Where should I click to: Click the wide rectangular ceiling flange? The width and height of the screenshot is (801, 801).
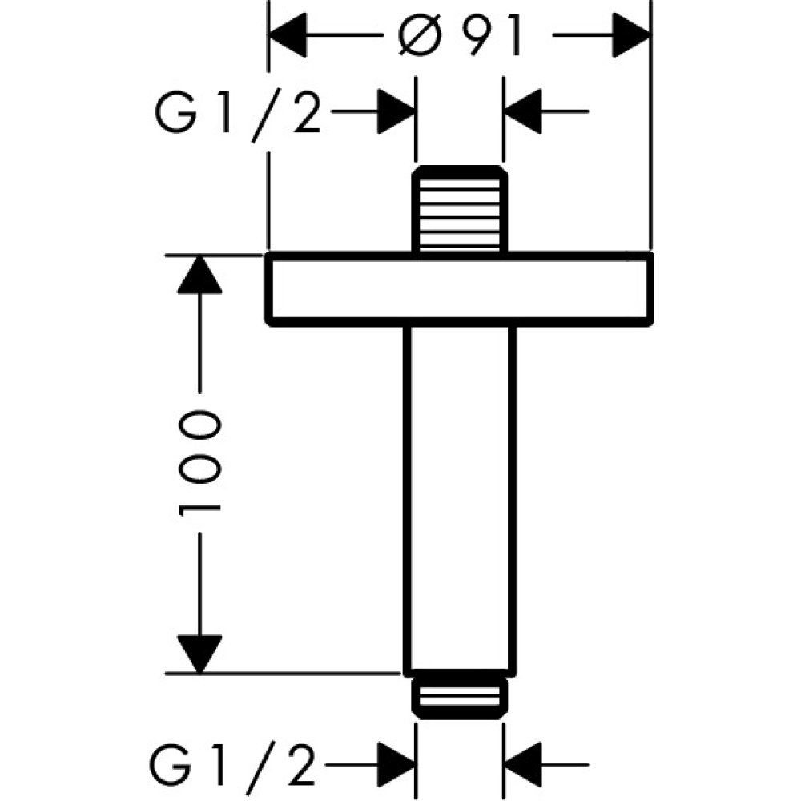click(x=459, y=289)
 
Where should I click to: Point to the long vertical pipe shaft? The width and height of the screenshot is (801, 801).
click(x=459, y=497)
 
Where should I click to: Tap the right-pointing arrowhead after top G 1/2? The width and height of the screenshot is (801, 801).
click(x=396, y=112)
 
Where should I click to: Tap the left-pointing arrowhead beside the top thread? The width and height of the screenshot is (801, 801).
click(x=523, y=112)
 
